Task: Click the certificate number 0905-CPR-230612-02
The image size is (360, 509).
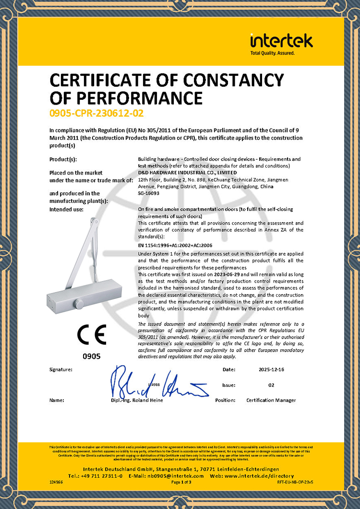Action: [x=96, y=113]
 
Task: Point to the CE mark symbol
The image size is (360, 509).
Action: [x=91, y=334]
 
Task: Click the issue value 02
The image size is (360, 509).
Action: [x=271, y=385]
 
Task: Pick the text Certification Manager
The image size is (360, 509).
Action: [x=271, y=400]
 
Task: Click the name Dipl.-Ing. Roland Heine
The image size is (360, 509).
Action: [x=136, y=400]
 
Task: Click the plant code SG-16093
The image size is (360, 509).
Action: [x=148, y=193]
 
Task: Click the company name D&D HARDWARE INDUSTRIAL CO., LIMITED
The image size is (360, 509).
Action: [x=187, y=172]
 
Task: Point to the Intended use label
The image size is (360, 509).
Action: [x=67, y=210]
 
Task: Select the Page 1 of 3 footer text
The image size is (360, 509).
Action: [x=181, y=482]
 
